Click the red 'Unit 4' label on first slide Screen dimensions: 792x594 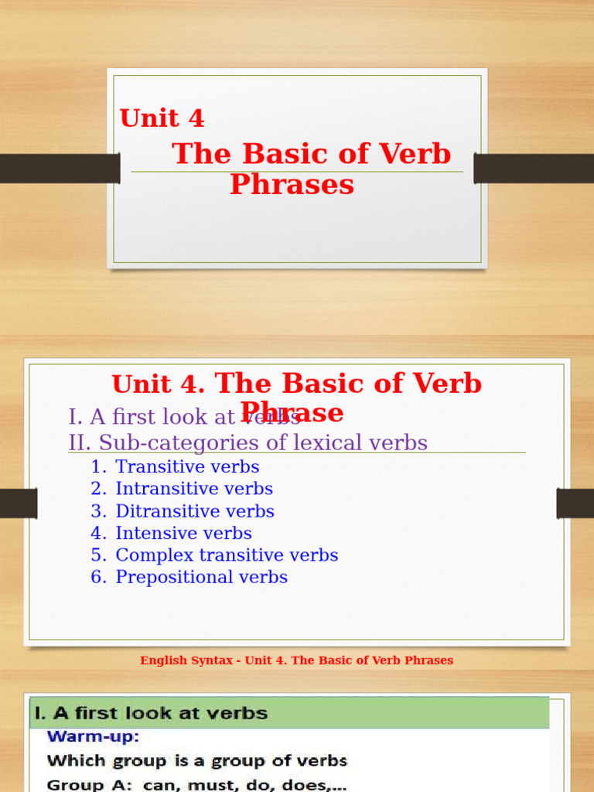point(162,118)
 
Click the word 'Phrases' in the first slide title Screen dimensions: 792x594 point(292,185)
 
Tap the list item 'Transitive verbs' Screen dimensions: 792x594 point(187,467)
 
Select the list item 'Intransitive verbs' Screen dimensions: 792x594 point(194,489)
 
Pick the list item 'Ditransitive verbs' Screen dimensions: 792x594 point(195,511)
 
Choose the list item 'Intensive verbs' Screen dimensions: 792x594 point(183,533)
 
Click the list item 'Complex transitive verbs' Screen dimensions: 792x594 point(227,555)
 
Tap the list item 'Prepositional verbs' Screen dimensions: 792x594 point(201,577)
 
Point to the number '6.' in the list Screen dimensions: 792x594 point(97,577)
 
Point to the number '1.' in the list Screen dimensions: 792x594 point(97,467)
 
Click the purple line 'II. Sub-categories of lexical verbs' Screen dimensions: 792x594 point(247,442)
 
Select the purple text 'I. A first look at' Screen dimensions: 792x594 point(151,417)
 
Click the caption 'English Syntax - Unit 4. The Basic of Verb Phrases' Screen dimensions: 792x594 point(297,661)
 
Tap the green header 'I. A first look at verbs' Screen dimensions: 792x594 point(148,713)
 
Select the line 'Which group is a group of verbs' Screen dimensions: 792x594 point(197,761)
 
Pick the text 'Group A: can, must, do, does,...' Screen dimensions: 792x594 point(196,784)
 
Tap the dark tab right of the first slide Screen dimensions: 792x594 point(534,169)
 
